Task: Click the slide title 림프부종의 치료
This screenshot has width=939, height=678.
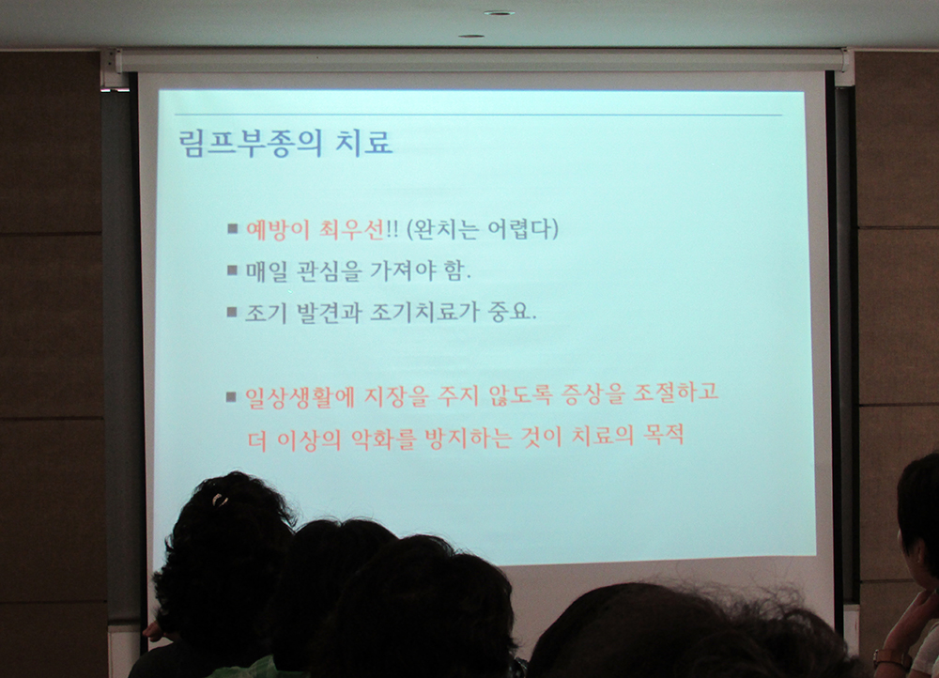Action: pyautogui.click(x=285, y=144)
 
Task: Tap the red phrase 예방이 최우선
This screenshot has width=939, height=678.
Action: pyautogui.click(x=315, y=230)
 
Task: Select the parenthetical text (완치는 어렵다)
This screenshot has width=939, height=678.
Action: pyautogui.click(x=482, y=229)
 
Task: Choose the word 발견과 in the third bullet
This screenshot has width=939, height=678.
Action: pyautogui.click(x=329, y=312)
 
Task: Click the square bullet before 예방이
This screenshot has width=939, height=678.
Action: pyautogui.click(x=233, y=228)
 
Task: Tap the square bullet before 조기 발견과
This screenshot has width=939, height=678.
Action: pyautogui.click(x=232, y=312)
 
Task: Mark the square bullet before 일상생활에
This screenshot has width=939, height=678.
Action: pyautogui.click(x=232, y=396)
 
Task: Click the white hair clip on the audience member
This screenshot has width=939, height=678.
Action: pyautogui.click(x=220, y=499)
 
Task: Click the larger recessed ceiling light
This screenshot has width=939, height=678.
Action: pyautogui.click(x=499, y=12)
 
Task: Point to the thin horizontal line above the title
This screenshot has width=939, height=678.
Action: pyautogui.click(x=478, y=115)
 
